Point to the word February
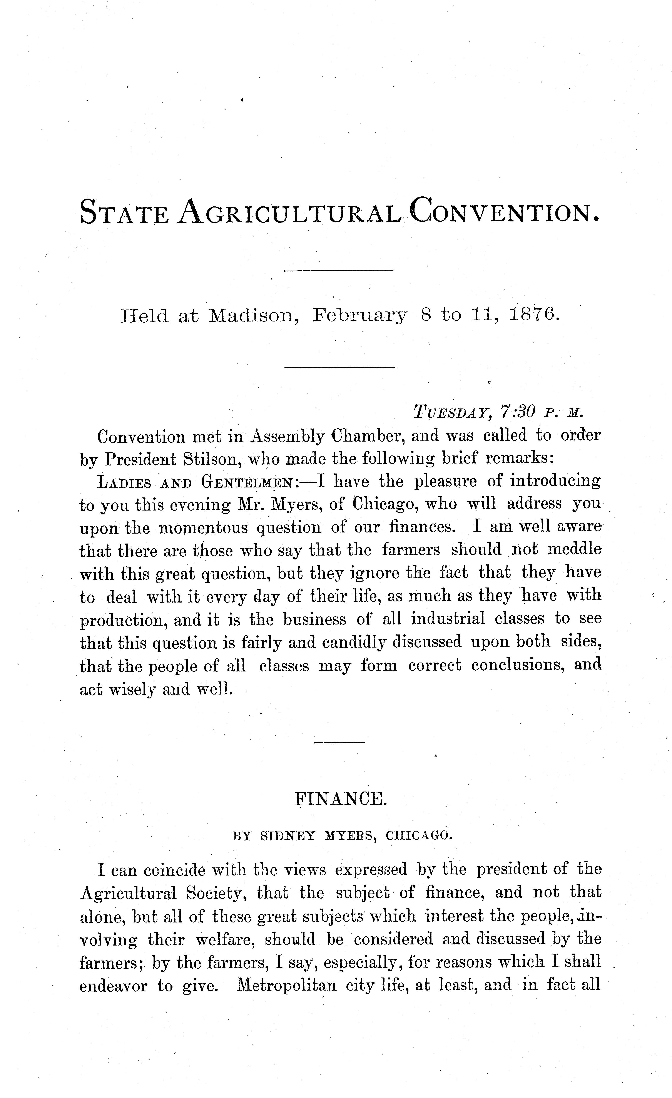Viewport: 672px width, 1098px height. pyautogui.click(x=360, y=316)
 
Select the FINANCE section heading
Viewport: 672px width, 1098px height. pyautogui.click(x=341, y=799)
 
